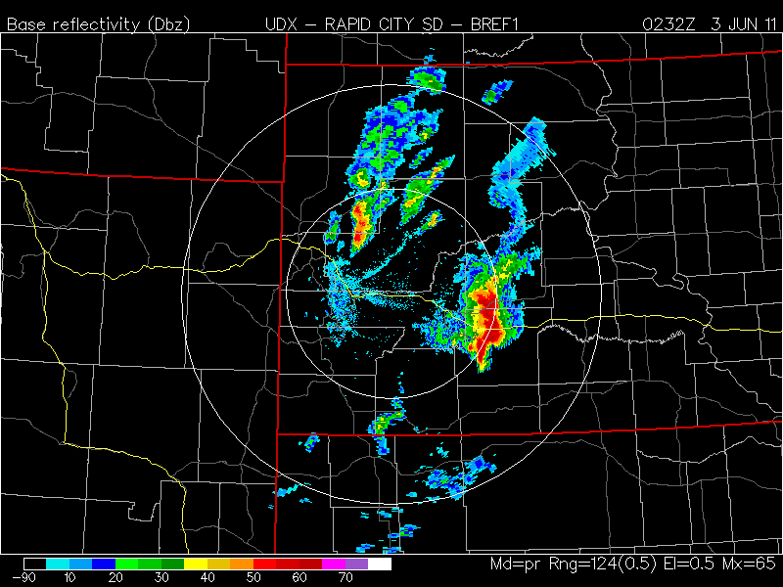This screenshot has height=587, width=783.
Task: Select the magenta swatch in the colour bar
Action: (334, 564)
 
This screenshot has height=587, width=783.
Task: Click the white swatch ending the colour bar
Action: (380, 564)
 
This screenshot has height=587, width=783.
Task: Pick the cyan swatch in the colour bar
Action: (58, 564)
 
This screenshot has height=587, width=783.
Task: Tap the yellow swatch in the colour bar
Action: (196, 564)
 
